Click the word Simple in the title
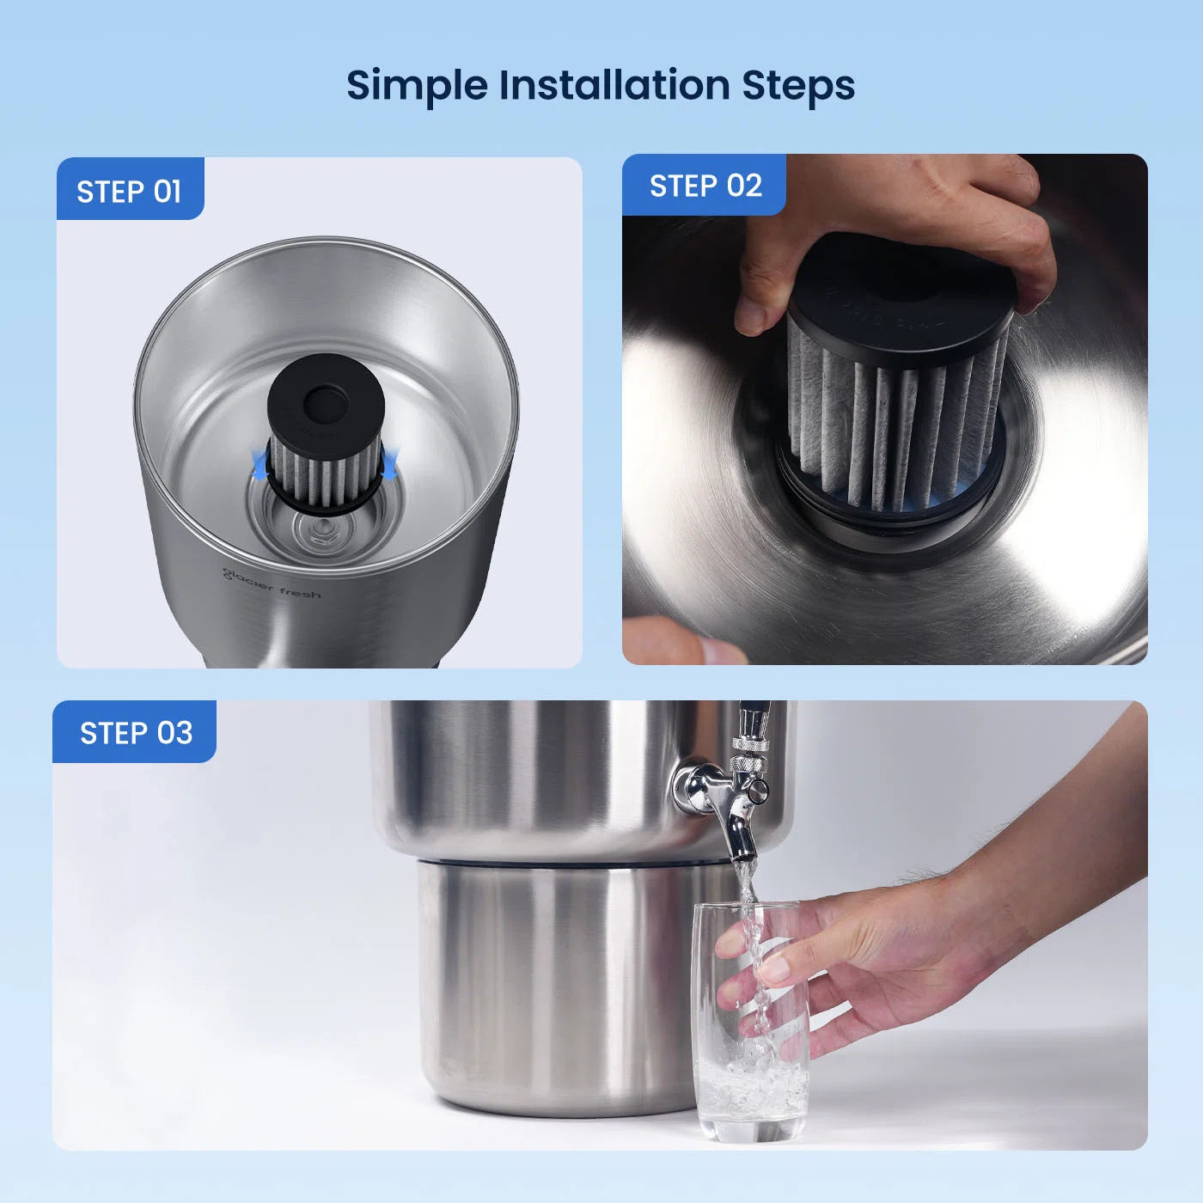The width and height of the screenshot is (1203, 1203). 417,87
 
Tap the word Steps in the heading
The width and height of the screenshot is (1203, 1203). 798,87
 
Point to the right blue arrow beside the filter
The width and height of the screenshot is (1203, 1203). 388,463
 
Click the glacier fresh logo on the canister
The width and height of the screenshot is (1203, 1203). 272,584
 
